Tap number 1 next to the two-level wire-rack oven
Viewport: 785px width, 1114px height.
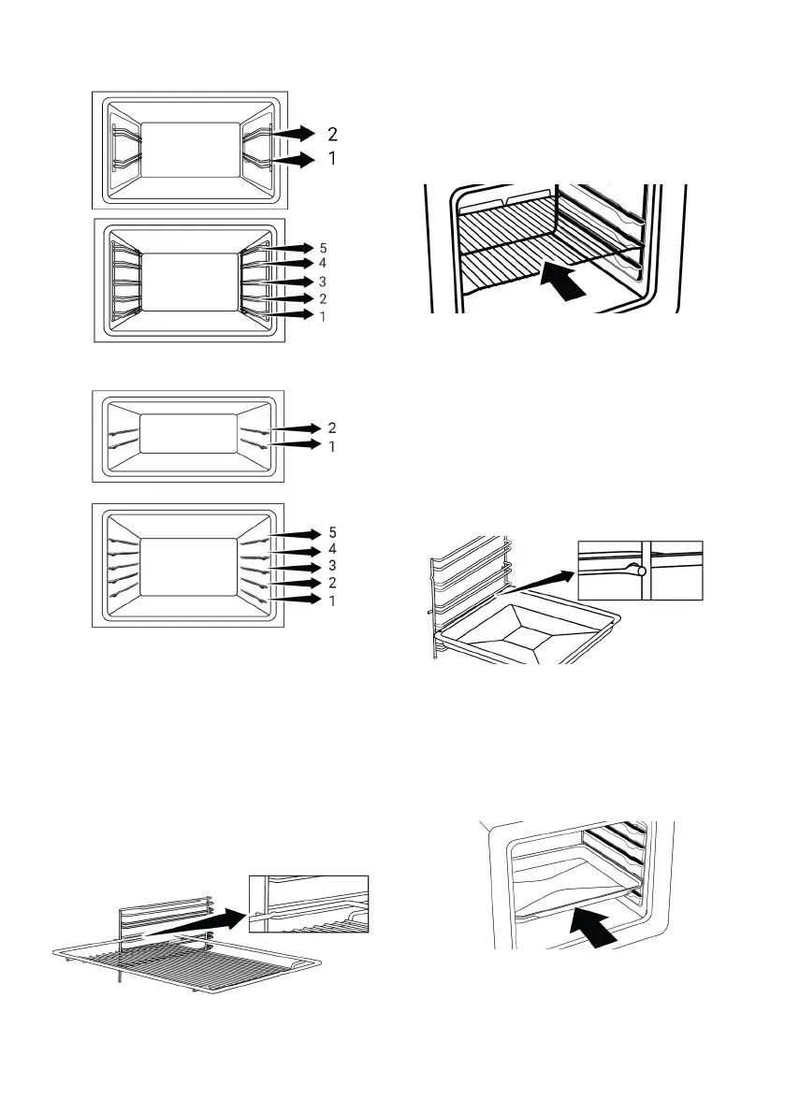click(x=333, y=159)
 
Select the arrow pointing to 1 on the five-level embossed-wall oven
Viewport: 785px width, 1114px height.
click(x=295, y=600)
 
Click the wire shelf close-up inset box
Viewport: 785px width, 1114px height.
click(x=310, y=903)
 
